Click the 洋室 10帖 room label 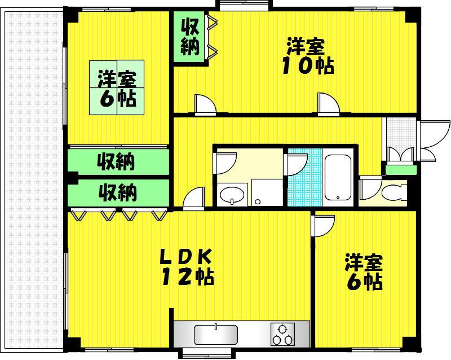click(x=308, y=56)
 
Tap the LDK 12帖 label click(x=187, y=267)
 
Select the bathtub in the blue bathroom click(x=338, y=178)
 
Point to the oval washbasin click(x=232, y=195)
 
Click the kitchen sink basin click(x=216, y=335)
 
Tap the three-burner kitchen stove click(x=283, y=334)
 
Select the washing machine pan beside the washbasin click(x=267, y=192)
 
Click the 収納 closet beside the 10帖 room click(x=190, y=37)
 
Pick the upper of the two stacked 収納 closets click(x=118, y=162)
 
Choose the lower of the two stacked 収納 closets click(x=118, y=192)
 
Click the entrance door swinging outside click(x=434, y=140)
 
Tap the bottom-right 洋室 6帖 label click(x=364, y=271)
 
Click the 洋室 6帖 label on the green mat click(x=117, y=88)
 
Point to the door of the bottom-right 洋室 click(x=324, y=226)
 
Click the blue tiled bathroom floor click(x=305, y=177)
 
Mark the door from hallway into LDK click(x=194, y=198)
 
